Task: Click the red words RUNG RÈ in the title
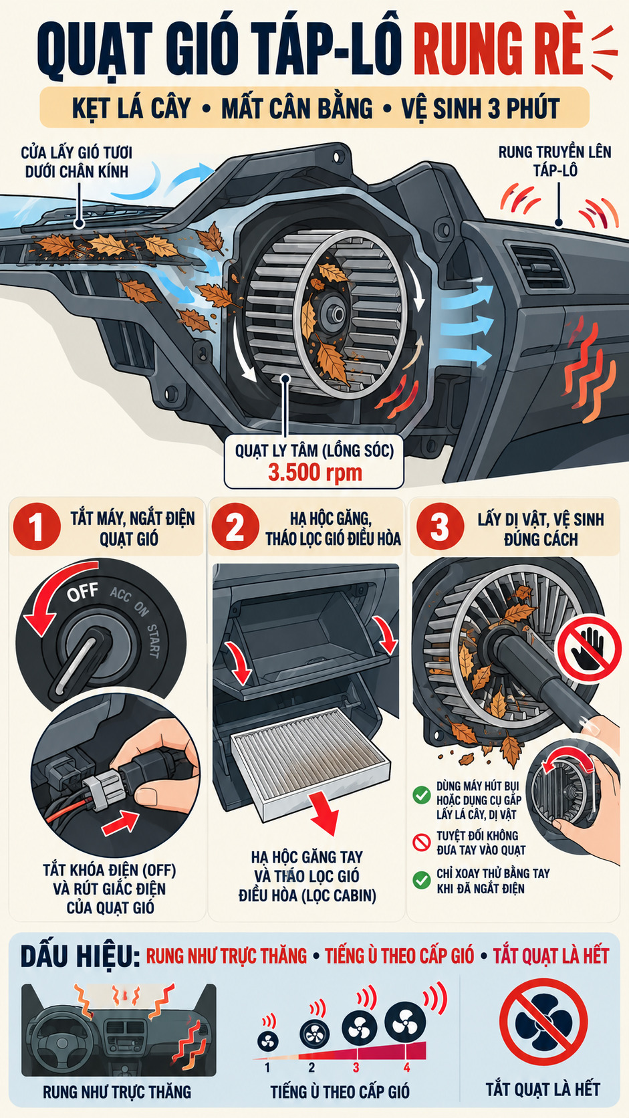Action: click(498, 51)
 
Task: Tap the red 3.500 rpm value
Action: click(315, 472)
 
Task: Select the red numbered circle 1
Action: click(36, 526)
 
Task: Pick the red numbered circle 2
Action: click(235, 526)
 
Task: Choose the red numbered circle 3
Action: click(439, 526)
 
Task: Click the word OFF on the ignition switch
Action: click(82, 592)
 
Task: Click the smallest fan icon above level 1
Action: click(268, 1041)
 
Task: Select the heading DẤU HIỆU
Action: click(80, 956)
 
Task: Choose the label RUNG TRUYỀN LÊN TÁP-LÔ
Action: click(555, 160)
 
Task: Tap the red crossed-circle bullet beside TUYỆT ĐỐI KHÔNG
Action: click(422, 843)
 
